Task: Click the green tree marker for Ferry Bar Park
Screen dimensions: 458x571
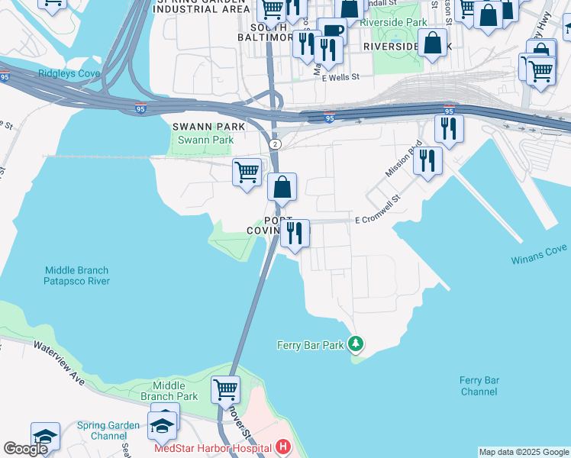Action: (355, 344)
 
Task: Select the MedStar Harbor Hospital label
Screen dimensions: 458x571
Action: (213, 448)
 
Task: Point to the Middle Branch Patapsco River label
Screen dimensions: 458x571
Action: (76, 276)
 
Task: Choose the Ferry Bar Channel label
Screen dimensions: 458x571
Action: (479, 385)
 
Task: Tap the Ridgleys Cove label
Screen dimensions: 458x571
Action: (68, 73)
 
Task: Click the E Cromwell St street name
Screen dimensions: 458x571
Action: (378, 220)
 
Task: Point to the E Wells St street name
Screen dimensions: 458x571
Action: (341, 78)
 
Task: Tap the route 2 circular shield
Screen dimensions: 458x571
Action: (276, 144)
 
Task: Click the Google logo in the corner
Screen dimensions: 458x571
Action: (25, 449)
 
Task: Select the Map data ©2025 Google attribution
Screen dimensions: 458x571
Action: (524, 452)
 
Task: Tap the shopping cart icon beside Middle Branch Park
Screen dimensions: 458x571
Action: (226, 389)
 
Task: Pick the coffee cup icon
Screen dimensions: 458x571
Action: (331, 31)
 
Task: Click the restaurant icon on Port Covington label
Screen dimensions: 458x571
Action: (295, 233)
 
